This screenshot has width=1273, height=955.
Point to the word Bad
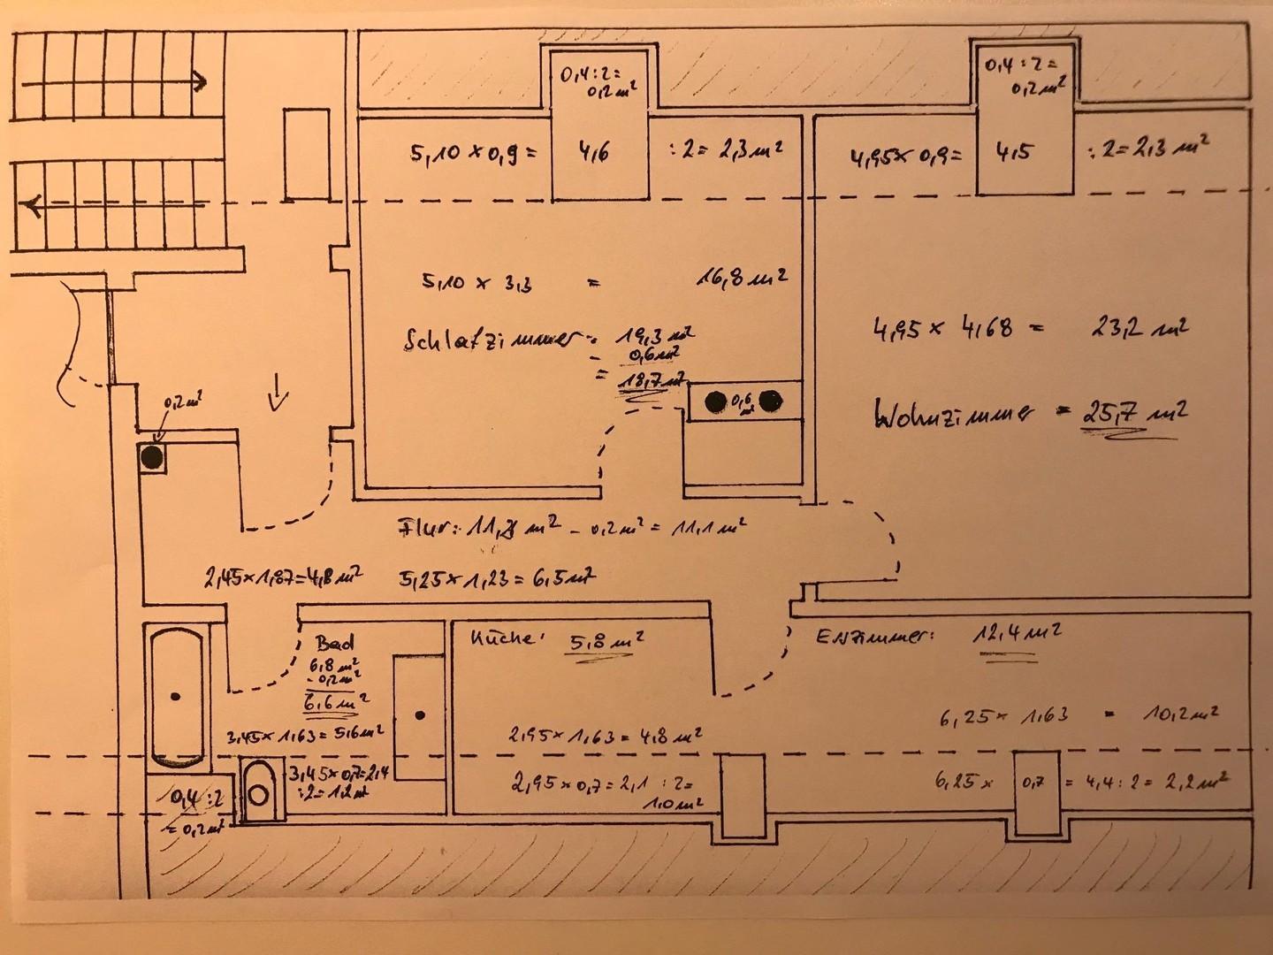coord(335,642)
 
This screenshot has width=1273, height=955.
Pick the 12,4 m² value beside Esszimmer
coord(1017,634)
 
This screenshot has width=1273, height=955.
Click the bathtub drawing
coord(176,696)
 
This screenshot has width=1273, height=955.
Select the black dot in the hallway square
coord(152,457)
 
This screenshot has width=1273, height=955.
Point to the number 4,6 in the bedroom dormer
coord(594,151)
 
